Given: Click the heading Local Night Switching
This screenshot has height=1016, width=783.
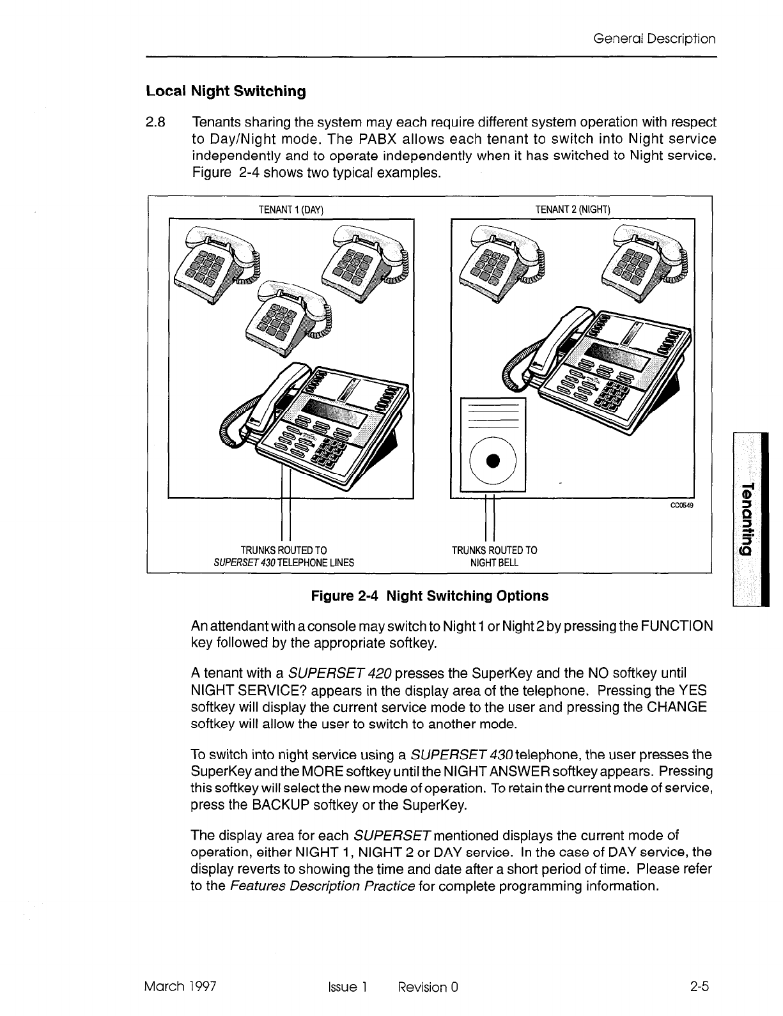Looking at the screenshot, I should pos(226,91).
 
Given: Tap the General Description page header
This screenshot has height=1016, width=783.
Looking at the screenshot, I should pos(654,39).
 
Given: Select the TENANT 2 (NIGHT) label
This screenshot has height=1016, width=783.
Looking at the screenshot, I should pos(573,209).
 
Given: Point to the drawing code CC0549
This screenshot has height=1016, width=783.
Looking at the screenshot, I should pos(681,505).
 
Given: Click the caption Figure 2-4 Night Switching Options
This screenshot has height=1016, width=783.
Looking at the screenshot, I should pos(429,596).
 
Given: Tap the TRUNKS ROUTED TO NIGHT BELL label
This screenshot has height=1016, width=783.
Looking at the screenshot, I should pos(494,557).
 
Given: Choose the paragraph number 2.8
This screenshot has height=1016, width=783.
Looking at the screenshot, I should pos(156,122).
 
